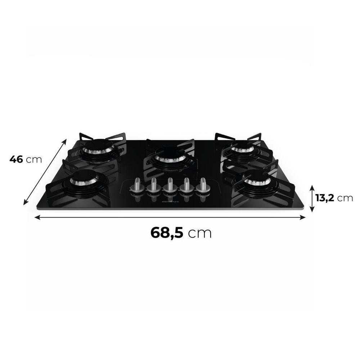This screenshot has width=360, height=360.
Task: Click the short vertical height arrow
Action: [312, 198]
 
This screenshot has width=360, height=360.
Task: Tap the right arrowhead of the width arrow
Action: [303, 217]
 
